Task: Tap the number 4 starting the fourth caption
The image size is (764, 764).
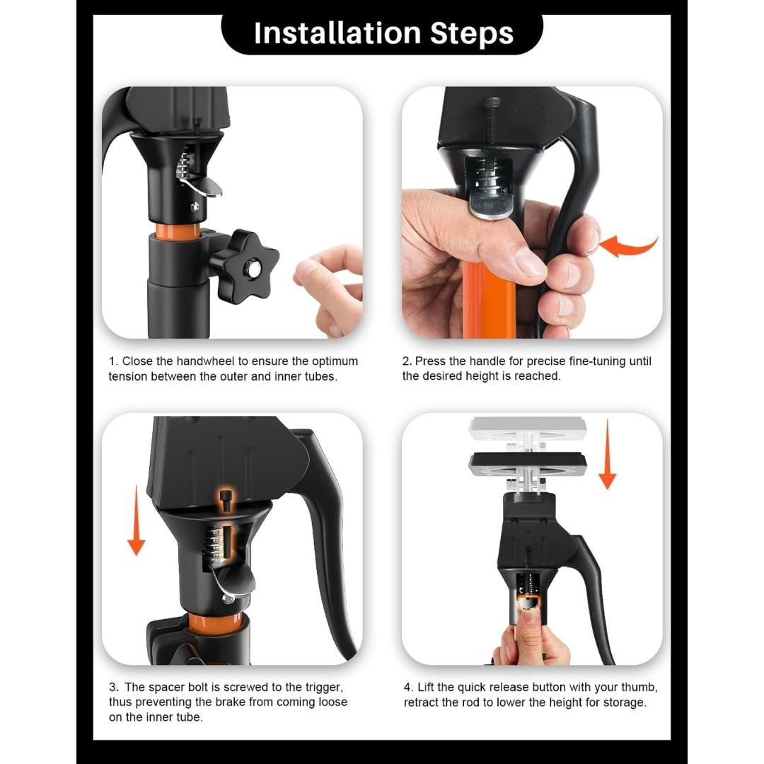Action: pos(407,687)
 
